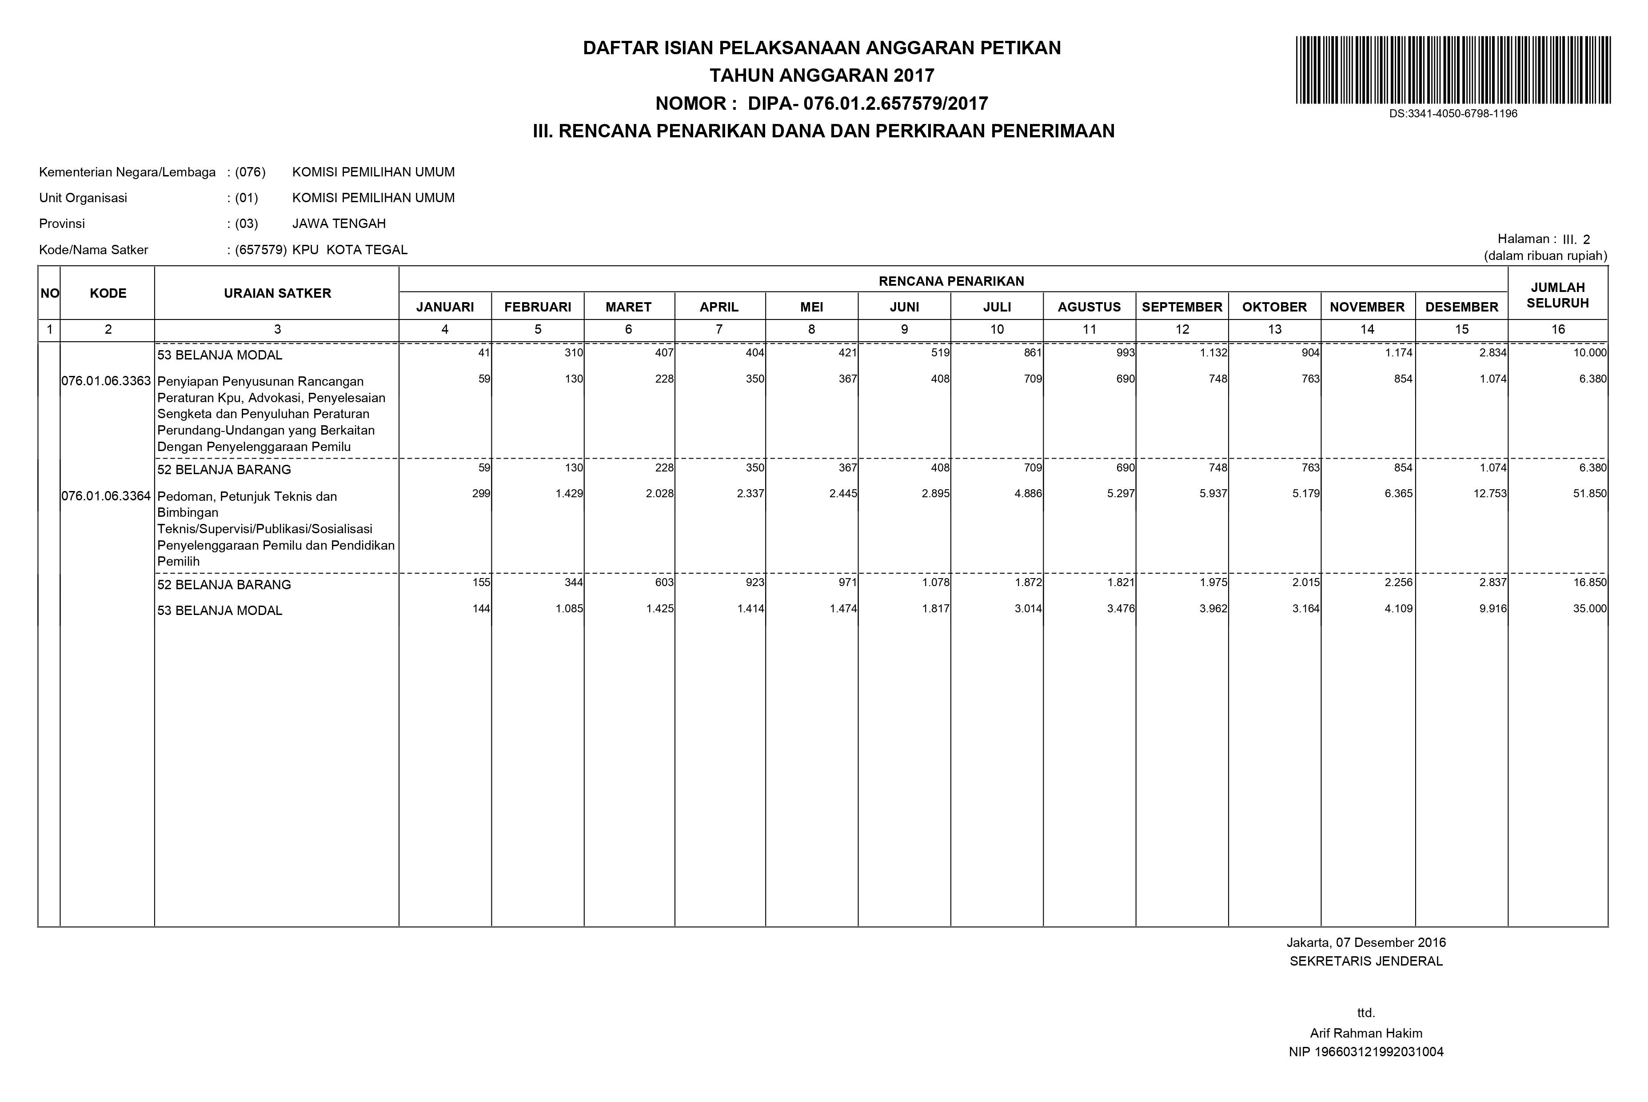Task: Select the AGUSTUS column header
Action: (1089, 307)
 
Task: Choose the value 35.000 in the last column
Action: (1590, 609)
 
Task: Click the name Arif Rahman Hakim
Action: (1365, 1033)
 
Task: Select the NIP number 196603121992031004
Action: (1365, 1052)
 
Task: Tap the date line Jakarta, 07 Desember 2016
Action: (1365, 942)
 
